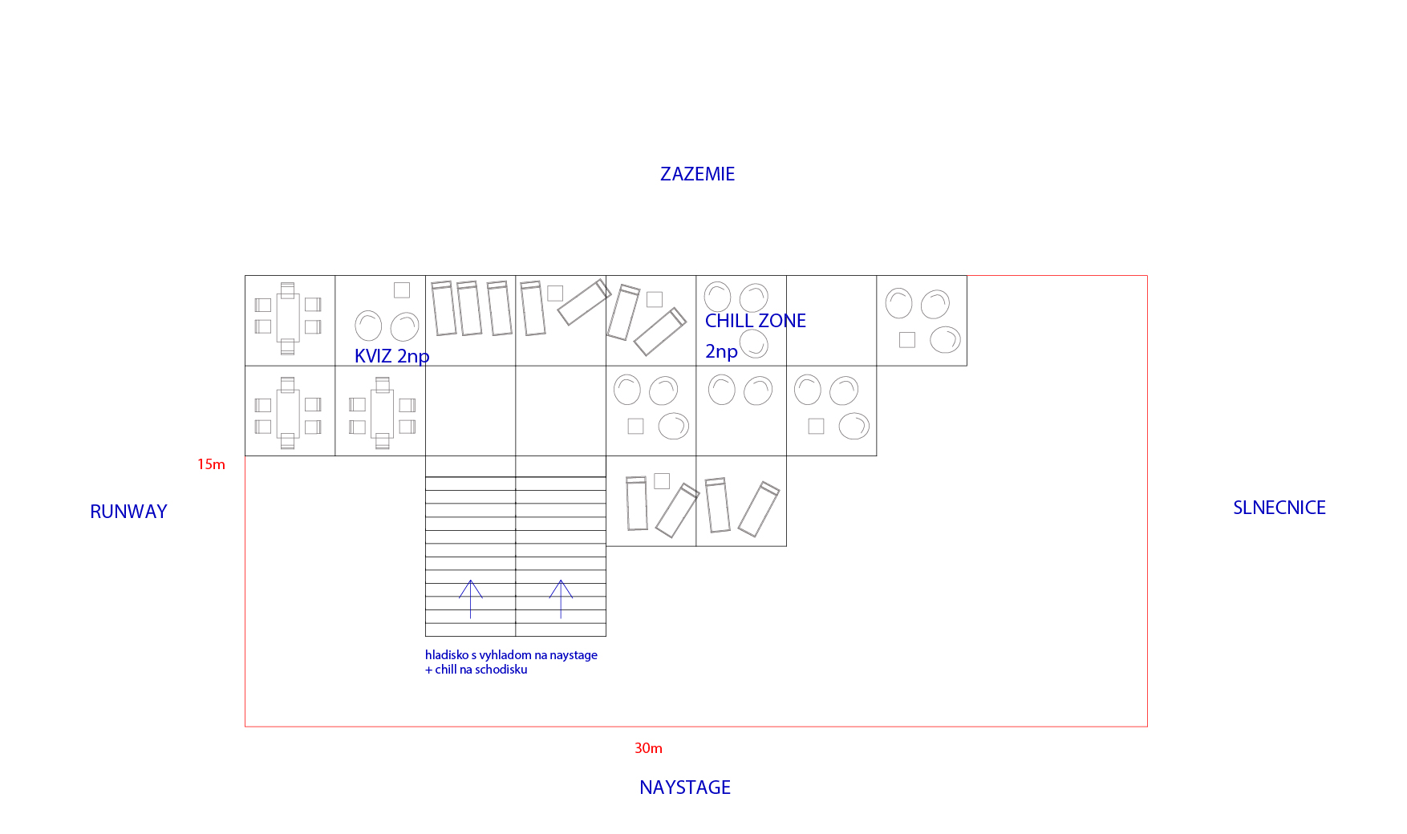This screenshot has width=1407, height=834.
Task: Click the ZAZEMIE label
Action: (697, 174)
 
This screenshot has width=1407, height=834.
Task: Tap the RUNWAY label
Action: (128, 512)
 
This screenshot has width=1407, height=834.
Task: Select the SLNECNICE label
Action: (1279, 508)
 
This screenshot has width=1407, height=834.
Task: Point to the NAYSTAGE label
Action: (685, 787)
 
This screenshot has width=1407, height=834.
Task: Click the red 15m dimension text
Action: (211, 464)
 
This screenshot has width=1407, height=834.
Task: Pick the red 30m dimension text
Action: (648, 748)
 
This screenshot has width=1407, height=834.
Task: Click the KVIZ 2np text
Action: (391, 356)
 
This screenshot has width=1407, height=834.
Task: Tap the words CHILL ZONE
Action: (756, 321)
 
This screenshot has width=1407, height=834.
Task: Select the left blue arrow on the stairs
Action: (471, 599)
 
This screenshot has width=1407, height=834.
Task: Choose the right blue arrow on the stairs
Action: (561, 599)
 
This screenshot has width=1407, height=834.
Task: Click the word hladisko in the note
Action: (446, 655)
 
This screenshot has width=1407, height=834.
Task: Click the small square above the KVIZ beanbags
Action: (402, 290)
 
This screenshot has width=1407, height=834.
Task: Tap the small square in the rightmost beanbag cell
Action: (907, 340)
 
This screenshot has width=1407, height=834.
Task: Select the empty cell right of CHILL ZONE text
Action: (832, 321)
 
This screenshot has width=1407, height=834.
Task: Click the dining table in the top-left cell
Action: (288, 318)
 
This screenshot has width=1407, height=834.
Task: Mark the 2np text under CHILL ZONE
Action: (721, 351)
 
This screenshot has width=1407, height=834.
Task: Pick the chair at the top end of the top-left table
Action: (288, 289)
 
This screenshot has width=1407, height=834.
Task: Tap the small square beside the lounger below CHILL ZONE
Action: (662, 481)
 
